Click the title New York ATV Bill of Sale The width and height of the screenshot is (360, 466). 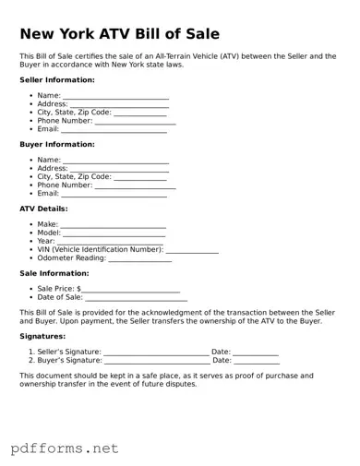click(x=120, y=34)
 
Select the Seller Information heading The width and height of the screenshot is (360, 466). click(x=57, y=80)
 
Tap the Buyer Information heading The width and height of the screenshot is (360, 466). click(x=57, y=145)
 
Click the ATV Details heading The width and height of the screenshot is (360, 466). click(x=43, y=209)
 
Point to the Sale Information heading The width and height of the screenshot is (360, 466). click(x=54, y=273)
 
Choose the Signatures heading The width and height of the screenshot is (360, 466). click(x=43, y=337)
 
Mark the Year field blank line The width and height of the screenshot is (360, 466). click(x=112, y=243)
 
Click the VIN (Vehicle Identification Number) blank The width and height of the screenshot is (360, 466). click(x=192, y=251)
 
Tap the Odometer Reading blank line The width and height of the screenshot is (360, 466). click(x=140, y=259)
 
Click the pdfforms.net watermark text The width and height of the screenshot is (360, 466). click(x=65, y=448)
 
